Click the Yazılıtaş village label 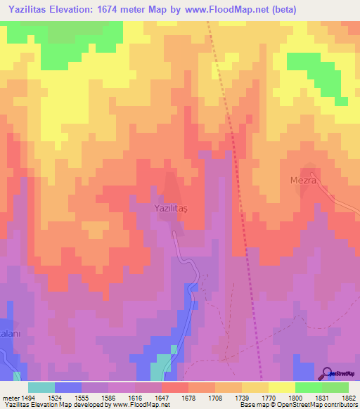click(x=173, y=208)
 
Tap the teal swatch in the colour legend click(x=41, y=387)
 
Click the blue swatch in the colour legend click(x=68, y=387)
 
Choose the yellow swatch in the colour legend click(x=281, y=387)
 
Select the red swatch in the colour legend click(x=175, y=387)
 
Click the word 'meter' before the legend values click(x=9, y=397)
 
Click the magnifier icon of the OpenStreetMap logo click(x=328, y=373)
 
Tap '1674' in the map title click(x=117, y=10)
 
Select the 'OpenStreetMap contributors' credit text click(x=321, y=405)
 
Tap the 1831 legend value click(x=313, y=397)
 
